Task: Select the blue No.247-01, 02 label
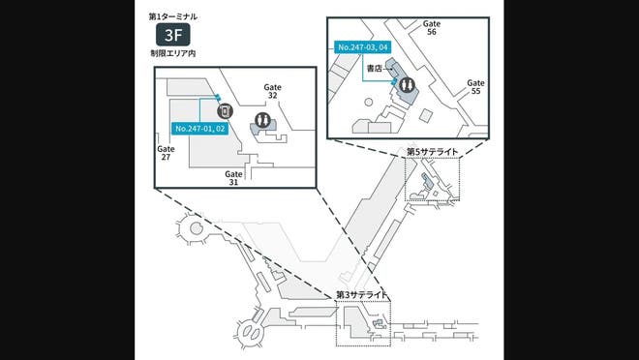click(200, 128)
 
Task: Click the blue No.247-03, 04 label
click(362, 46)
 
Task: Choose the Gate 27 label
click(166, 153)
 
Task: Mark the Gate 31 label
click(233, 177)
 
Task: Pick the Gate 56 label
click(431, 30)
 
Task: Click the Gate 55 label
click(474, 87)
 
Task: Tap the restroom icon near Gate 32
click(261, 121)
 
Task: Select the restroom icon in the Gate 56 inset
click(407, 86)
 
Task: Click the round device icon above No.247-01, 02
click(225, 111)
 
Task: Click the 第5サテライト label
click(432, 152)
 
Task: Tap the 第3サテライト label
click(361, 294)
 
